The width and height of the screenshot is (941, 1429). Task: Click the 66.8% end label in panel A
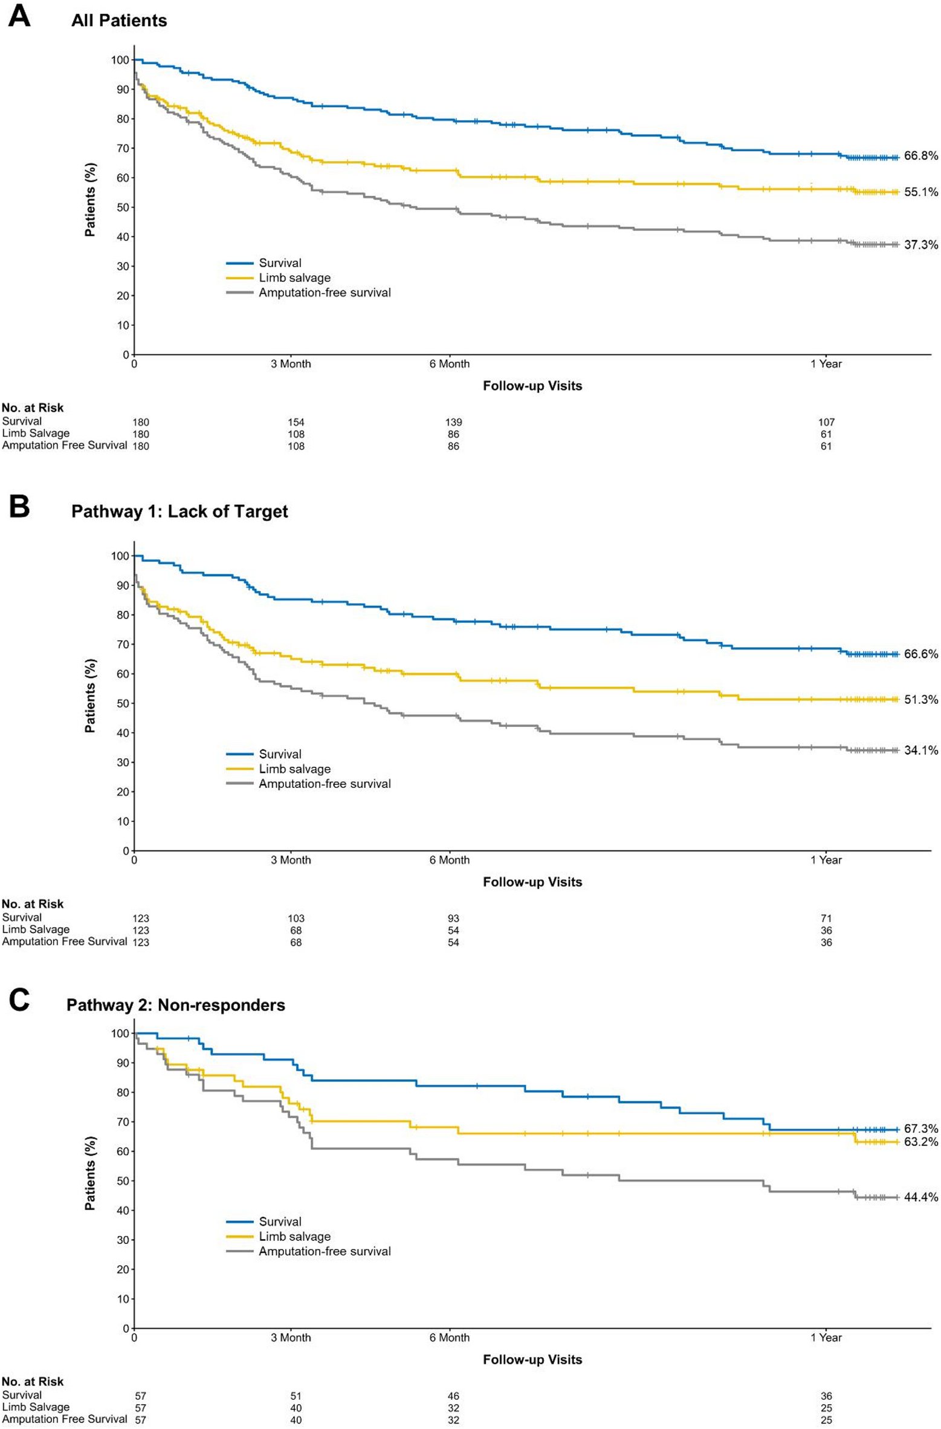tap(920, 156)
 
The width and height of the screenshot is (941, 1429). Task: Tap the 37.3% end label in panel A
tap(920, 245)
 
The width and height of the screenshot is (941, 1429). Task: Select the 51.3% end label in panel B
tap(920, 700)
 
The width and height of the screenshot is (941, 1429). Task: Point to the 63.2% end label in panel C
tap(920, 1142)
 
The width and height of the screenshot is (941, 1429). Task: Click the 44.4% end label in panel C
tap(920, 1197)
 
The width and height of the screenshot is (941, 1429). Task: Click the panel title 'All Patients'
tap(119, 21)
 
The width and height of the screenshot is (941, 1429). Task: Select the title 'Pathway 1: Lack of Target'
tap(179, 512)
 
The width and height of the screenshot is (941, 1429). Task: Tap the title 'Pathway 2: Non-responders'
tap(175, 1005)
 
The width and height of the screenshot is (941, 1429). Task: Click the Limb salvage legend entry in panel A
tap(294, 278)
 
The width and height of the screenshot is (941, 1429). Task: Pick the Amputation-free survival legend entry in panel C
tap(325, 1251)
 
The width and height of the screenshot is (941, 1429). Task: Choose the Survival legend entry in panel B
tap(280, 754)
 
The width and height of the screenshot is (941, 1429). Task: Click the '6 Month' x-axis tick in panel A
tap(449, 364)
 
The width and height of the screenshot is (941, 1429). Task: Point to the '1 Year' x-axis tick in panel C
tap(826, 1338)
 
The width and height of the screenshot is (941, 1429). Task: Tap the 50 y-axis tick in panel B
tap(123, 703)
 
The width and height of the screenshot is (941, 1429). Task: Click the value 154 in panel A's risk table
tap(296, 422)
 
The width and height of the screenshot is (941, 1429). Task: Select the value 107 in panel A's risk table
tap(826, 422)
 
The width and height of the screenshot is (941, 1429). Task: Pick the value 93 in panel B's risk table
tap(453, 918)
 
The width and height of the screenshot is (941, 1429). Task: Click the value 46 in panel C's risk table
tap(453, 1396)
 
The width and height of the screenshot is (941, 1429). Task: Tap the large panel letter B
tap(19, 507)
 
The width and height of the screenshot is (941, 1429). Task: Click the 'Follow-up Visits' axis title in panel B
tap(532, 882)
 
